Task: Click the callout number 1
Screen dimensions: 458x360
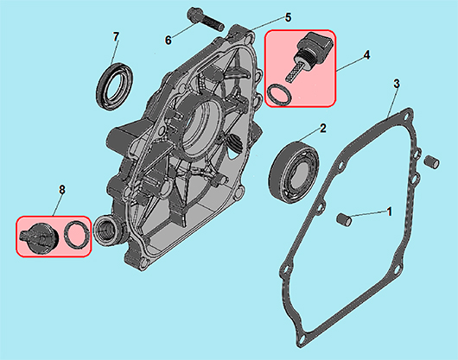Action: point(389,212)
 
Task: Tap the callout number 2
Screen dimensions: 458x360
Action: point(323,129)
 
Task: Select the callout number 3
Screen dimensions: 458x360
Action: point(397,84)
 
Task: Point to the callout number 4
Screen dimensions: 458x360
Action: point(366,55)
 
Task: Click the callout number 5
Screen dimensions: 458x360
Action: point(288,18)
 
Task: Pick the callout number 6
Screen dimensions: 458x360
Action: point(168,41)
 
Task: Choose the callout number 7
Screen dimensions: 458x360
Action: point(116,37)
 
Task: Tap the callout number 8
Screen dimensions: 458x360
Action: point(62,190)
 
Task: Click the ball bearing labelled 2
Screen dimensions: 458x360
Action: point(293,169)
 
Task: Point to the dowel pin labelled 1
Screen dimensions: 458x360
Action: point(344,219)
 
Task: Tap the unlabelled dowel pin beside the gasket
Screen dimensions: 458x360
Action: point(431,162)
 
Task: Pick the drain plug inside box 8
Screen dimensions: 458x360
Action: point(39,237)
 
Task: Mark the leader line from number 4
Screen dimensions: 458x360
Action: point(349,64)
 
